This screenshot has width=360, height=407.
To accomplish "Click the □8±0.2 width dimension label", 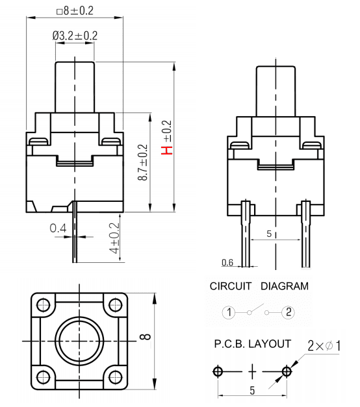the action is click(75, 11).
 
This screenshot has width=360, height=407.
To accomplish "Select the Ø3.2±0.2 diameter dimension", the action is click(75, 36).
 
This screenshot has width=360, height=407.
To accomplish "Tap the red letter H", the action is click(166, 151).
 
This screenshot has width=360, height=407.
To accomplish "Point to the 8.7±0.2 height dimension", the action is click(143, 162).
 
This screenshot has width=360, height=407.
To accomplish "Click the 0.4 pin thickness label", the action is click(58, 228).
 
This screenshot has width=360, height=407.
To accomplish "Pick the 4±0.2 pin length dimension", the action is click(114, 238).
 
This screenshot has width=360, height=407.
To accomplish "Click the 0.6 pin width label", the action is click(227, 263).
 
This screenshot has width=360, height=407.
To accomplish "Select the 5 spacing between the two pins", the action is click(269, 234).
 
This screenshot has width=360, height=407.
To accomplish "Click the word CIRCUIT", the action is click(231, 286).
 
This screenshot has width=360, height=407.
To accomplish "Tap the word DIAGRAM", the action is click(285, 286).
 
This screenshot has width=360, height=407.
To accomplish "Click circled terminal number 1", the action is click(229, 312).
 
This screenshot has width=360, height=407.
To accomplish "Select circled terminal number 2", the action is click(289, 312).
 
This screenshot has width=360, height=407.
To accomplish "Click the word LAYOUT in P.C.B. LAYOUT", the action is click(270, 344).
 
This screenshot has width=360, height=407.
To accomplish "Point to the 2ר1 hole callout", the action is click(324, 346).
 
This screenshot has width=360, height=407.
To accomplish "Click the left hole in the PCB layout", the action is click(218, 371).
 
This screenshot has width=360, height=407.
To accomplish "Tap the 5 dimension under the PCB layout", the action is click(252, 390).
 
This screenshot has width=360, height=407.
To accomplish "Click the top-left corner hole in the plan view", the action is click(43, 304).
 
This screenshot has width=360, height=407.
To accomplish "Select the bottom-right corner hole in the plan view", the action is click(115, 377).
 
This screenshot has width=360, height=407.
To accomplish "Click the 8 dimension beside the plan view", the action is click(146, 337).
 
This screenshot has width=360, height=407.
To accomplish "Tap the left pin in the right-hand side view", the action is click(246, 234).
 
